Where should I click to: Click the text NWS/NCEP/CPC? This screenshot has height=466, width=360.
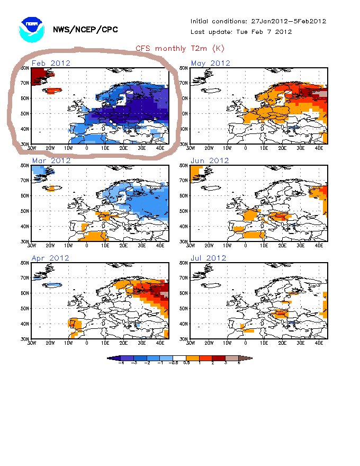[86, 30]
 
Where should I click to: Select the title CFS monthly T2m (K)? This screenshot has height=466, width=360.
[180, 49]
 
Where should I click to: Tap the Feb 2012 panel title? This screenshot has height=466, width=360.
[51, 64]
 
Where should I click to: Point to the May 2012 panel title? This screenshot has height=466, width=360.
[210, 64]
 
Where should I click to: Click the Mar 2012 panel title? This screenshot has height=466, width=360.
[51, 161]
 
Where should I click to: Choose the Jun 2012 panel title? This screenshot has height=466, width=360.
[210, 161]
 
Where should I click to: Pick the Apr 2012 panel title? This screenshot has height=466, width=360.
[51, 258]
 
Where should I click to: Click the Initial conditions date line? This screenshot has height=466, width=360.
[258, 22]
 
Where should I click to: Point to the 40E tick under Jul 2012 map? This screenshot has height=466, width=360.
[319, 343]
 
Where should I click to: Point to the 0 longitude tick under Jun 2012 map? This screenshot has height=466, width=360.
[246, 245]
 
